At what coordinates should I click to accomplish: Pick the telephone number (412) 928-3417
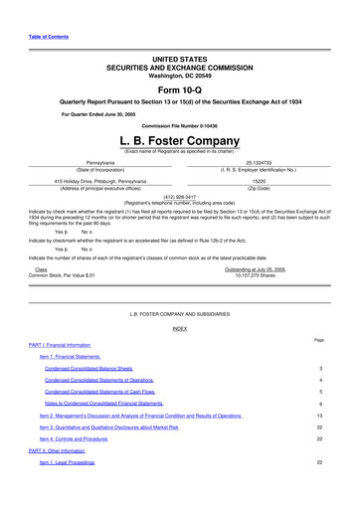point(179,197)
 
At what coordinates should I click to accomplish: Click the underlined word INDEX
point(179,327)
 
